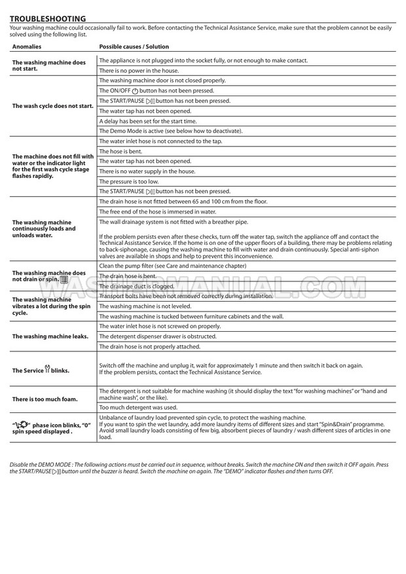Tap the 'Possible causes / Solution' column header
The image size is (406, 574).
pyautogui.click(x=134, y=47)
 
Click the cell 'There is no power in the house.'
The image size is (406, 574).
pyautogui.click(x=138, y=70)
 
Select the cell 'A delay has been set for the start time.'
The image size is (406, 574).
pyautogui.click(x=147, y=121)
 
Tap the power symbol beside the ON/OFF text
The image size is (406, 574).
pyautogui.click(x=135, y=91)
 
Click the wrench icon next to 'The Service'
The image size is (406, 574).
pyautogui.click(x=47, y=369)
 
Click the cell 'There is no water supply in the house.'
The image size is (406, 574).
pyautogui.click(x=147, y=171)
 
